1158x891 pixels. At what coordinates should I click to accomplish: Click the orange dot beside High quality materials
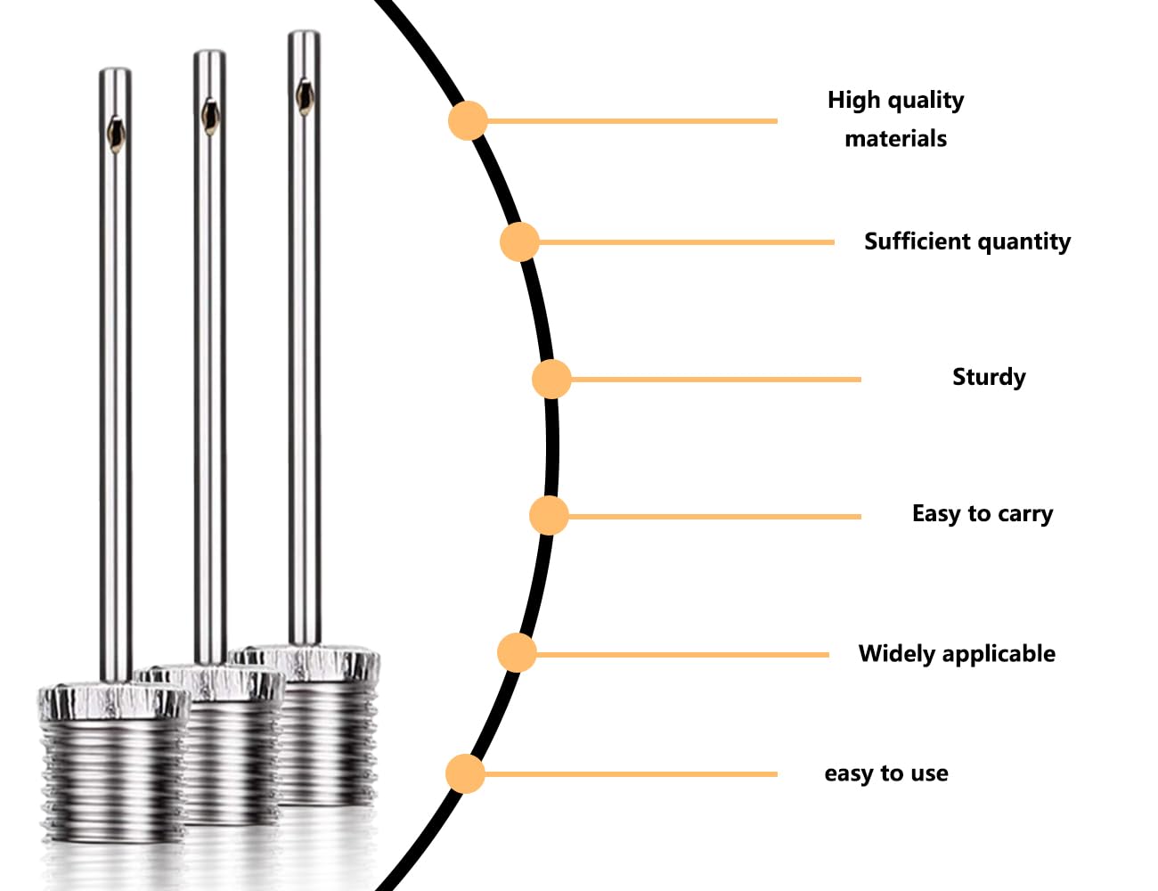point(468,121)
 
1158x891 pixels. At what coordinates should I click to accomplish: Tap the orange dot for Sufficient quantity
point(519,242)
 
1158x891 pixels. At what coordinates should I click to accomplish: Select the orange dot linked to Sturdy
point(551,379)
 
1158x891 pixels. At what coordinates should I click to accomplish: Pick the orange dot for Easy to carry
point(549,515)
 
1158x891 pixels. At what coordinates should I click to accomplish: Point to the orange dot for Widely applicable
point(517,652)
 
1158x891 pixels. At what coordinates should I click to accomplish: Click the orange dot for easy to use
point(465,773)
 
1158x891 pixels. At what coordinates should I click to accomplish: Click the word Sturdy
point(989,378)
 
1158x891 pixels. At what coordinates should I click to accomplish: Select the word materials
point(896,139)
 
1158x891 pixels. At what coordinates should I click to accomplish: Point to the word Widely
point(896,654)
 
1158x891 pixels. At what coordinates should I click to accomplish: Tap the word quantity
point(1023,242)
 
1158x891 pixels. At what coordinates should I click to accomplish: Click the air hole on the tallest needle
point(305,97)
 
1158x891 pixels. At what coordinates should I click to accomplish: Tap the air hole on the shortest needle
point(116,135)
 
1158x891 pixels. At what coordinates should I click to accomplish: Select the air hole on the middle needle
point(209,116)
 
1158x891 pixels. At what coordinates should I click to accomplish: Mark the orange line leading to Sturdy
point(715,380)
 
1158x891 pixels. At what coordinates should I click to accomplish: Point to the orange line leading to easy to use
point(631,773)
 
